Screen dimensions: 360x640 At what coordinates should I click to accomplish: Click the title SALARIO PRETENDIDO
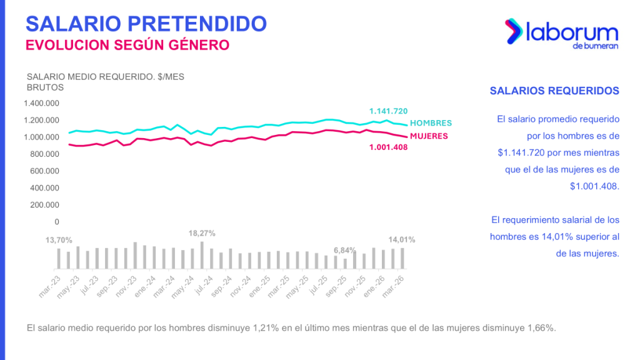tap(146, 24)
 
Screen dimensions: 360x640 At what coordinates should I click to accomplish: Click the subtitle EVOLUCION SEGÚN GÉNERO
tap(127, 45)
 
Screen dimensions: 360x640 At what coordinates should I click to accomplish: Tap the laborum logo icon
tap(514, 31)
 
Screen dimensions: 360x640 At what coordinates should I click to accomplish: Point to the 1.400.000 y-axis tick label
tap(41, 103)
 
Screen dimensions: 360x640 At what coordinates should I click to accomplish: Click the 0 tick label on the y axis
tap(57, 221)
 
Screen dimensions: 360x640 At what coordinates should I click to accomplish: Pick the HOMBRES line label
tap(431, 123)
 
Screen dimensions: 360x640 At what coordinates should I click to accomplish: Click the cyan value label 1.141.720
tap(388, 111)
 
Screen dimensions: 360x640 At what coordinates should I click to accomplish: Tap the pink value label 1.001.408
tap(389, 148)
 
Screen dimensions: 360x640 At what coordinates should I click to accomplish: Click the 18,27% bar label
tap(202, 233)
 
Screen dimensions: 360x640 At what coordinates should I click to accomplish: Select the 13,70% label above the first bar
tap(59, 240)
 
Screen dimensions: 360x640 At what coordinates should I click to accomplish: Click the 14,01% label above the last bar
tap(402, 239)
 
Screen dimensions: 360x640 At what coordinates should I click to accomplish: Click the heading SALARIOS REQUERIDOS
tap(554, 91)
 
